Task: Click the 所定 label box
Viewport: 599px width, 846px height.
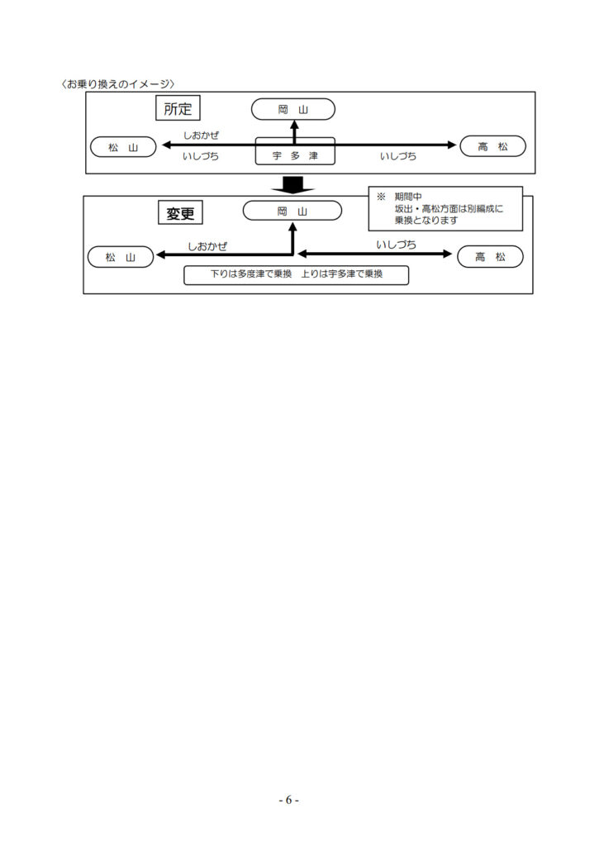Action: tap(178, 108)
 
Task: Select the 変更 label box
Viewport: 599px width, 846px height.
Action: tap(180, 213)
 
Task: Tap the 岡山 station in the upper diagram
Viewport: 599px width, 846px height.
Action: tap(293, 110)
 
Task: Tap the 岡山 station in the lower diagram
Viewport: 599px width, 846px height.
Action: tap(292, 211)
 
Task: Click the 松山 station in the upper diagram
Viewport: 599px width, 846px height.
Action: tap(123, 147)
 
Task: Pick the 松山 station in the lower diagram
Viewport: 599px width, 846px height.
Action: tap(121, 258)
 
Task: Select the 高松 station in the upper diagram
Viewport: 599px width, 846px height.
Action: tap(492, 146)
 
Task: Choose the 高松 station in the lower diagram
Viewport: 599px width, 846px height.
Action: tap(490, 257)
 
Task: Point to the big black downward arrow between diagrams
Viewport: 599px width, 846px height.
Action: tap(292, 184)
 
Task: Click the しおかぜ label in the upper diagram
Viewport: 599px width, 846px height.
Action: tap(201, 135)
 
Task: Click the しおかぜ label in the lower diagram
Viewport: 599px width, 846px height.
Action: tap(207, 246)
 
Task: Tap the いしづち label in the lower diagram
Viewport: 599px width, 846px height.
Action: tap(396, 245)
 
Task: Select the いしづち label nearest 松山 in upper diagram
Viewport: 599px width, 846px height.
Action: tap(201, 156)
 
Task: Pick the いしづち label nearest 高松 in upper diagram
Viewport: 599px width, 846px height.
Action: tap(398, 156)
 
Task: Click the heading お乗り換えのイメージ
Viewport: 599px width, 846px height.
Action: tap(118, 84)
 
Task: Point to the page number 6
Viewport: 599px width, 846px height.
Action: tap(288, 800)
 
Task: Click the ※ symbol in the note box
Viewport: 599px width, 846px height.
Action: tap(381, 197)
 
